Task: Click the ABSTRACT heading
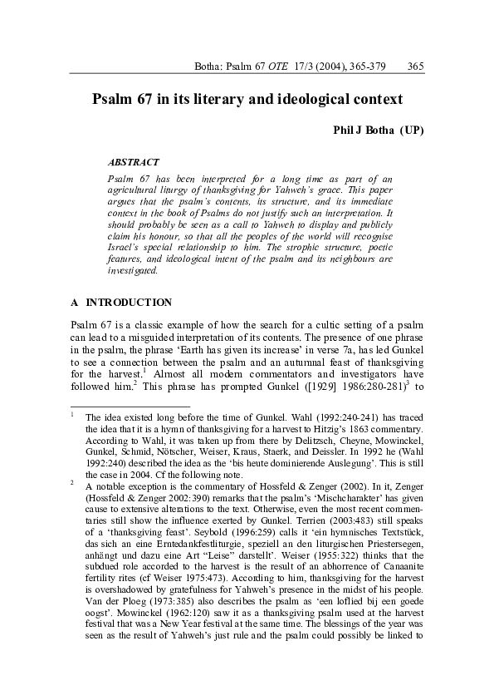click(134, 161)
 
